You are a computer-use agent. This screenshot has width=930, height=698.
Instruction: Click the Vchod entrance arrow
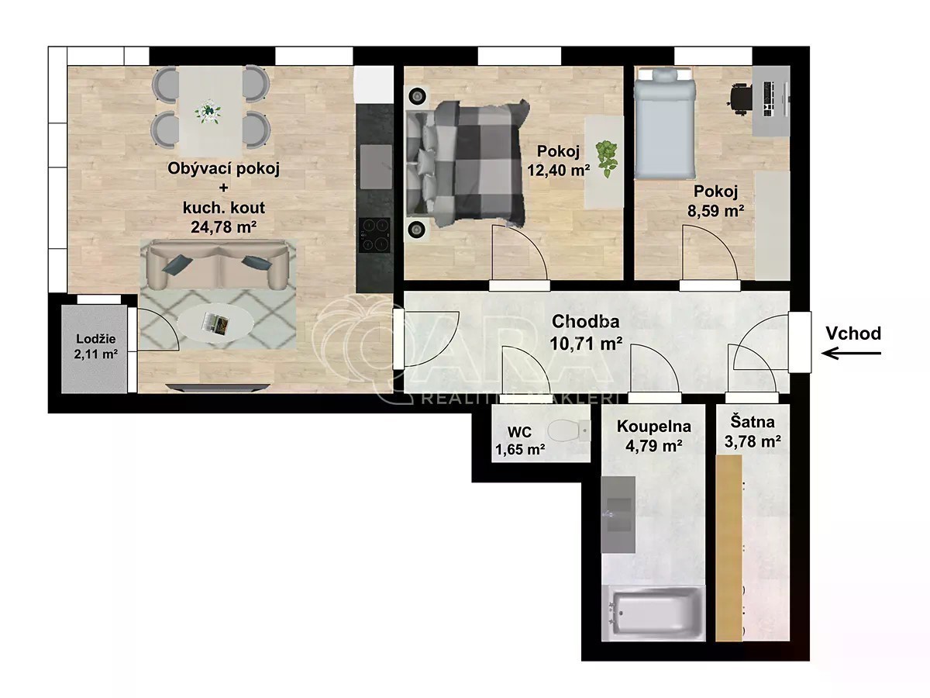tap(851, 353)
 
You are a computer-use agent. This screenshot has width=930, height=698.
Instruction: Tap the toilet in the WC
tap(568, 431)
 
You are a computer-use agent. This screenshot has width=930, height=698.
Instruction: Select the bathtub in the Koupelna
tap(653, 613)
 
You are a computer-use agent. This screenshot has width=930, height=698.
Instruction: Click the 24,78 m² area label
tap(224, 227)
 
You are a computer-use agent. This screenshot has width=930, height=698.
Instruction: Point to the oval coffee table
tap(215, 324)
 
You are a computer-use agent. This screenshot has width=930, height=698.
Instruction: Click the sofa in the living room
tap(217, 265)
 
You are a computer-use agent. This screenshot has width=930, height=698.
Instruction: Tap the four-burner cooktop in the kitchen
tap(374, 236)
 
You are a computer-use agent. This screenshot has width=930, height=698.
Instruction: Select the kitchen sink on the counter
tap(375, 167)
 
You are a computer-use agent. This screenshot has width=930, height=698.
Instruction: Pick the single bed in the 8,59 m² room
tap(665, 123)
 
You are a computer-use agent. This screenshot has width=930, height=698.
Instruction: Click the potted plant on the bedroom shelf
tap(607, 159)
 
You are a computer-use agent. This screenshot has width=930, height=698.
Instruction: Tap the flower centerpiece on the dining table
tap(208, 112)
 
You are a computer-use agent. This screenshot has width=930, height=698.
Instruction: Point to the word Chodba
tap(586, 321)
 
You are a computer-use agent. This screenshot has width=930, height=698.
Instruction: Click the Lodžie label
tap(96, 339)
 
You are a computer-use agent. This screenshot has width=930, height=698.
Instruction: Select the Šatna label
tap(753, 422)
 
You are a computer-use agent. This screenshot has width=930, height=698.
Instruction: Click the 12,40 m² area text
tap(559, 171)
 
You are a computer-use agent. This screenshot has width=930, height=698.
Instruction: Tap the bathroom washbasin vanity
tap(618, 514)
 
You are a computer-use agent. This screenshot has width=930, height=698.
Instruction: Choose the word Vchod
tap(853, 333)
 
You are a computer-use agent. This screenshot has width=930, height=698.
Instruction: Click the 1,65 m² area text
tap(520, 449)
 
